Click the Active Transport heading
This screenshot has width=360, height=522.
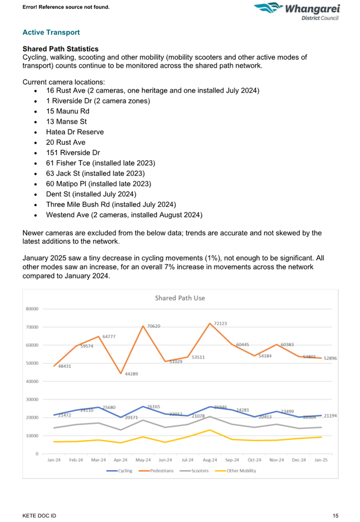pos(51,32)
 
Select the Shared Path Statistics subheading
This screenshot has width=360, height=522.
pos(60,49)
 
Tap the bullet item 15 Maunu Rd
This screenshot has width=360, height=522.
pos(67,111)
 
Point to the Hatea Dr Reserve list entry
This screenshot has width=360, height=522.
pos(75,132)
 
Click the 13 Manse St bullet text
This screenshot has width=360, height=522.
pos(66,121)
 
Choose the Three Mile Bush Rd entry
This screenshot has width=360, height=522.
pos(111,204)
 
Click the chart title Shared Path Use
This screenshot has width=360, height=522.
pos(180,298)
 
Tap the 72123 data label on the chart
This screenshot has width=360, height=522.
pos(220,324)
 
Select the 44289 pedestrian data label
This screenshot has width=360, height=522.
pos(131,374)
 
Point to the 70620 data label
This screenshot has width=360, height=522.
pos(153,326)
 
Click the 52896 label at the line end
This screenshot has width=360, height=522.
pos(330,358)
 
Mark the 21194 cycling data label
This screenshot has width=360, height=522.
pos(330,416)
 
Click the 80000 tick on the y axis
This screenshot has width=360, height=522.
pos(32,309)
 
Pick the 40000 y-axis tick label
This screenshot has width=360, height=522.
pos(32,381)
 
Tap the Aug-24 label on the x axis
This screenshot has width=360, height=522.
pos(210,460)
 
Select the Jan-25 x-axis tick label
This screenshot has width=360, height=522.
pos(321,460)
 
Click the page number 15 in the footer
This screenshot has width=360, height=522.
pos(335,516)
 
